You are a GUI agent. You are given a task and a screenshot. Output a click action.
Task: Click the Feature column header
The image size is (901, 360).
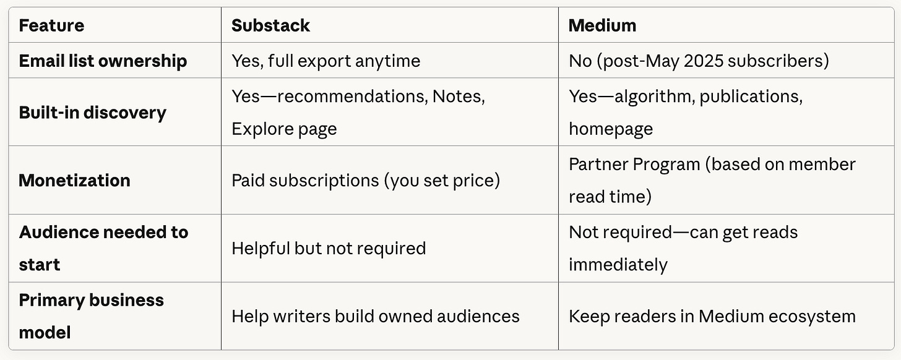(51, 25)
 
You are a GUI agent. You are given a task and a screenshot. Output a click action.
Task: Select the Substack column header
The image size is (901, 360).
(270, 25)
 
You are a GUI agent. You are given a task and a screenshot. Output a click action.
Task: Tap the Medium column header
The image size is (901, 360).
(602, 25)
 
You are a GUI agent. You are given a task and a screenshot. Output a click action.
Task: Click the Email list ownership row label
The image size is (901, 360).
(103, 61)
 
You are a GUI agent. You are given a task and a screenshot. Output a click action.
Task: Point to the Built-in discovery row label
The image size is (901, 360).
(92, 113)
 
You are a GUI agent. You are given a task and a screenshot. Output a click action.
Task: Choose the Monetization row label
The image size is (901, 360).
(74, 180)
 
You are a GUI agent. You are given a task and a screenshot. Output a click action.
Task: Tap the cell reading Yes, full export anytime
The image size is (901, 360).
(325, 61)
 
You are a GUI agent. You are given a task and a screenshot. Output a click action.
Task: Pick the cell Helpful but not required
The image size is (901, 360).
(329, 248)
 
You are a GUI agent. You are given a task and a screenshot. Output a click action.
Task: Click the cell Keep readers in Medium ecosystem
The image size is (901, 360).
(712, 316)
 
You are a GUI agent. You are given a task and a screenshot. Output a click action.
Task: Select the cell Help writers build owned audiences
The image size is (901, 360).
(375, 316)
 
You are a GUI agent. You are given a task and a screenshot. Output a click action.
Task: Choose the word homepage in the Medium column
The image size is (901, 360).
(610, 129)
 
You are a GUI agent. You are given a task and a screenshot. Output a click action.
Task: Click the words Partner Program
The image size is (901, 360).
(634, 164)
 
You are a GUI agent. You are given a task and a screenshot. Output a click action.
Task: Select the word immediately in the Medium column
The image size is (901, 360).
(618, 265)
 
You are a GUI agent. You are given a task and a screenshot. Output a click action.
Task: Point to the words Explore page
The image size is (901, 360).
(284, 129)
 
